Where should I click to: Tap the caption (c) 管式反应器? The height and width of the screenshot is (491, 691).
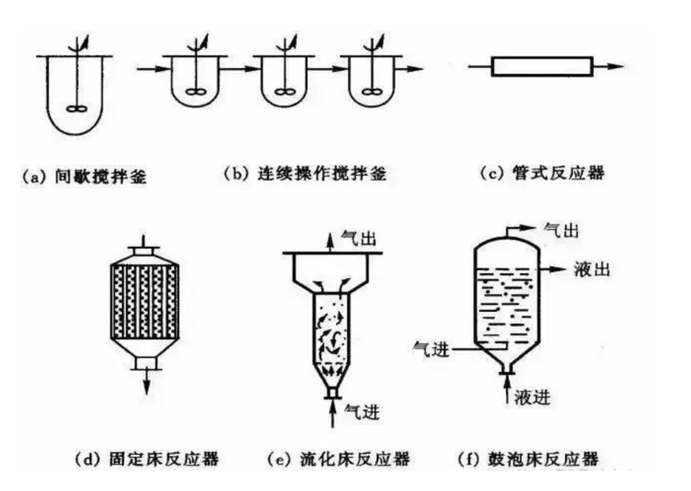(x=542, y=174)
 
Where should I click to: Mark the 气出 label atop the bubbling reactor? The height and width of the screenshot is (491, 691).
(x=560, y=230)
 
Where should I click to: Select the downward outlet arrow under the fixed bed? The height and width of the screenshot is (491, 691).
(x=146, y=385)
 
